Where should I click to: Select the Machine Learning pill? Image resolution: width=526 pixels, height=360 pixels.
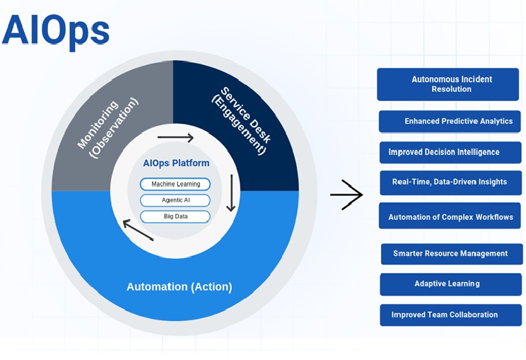tap(175, 184)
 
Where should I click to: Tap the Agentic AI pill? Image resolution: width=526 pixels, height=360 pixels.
tap(175, 200)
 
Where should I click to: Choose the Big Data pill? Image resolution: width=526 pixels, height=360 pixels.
tap(175, 216)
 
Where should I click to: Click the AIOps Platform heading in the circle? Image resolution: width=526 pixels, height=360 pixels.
tap(176, 163)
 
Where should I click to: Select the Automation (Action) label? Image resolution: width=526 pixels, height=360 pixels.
tap(179, 286)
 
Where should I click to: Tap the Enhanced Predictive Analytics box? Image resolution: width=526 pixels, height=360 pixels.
tap(450, 121)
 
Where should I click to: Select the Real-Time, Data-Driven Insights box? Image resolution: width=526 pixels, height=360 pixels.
tap(450, 182)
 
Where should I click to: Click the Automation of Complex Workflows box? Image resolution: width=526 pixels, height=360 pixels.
tap(450, 216)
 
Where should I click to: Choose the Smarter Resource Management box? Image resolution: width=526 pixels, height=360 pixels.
tap(451, 253)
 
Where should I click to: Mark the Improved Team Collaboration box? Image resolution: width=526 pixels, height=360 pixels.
tap(450, 315)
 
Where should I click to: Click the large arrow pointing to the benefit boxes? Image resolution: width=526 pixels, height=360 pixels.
tap(346, 194)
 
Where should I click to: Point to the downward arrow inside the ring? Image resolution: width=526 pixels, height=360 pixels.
tap(230, 193)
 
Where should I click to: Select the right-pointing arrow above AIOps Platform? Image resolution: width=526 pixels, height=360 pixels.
tap(175, 138)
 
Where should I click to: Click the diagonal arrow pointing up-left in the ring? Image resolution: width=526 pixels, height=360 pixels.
tap(138, 229)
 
